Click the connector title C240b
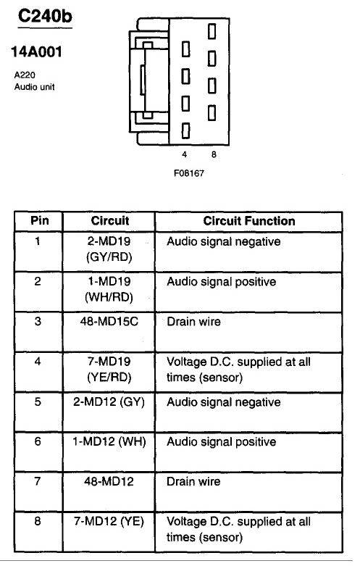click(45, 16)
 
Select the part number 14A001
click(36, 52)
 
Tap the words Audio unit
click(35, 87)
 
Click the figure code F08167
click(189, 173)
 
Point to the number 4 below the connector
click(184, 154)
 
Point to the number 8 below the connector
click(214, 154)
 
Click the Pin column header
click(39, 220)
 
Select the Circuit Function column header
click(249, 221)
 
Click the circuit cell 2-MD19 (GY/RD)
click(109, 249)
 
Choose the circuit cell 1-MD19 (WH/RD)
click(109, 289)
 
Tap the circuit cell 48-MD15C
click(109, 321)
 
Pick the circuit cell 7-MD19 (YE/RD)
click(109, 370)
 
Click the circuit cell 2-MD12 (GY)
click(109, 401)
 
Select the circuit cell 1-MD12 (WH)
click(109, 441)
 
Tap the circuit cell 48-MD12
click(109, 481)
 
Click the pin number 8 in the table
click(38, 521)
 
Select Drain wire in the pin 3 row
click(193, 321)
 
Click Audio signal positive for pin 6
click(222, 442)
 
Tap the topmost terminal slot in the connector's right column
click(212, 31)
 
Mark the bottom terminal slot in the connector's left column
click(185, 130)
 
